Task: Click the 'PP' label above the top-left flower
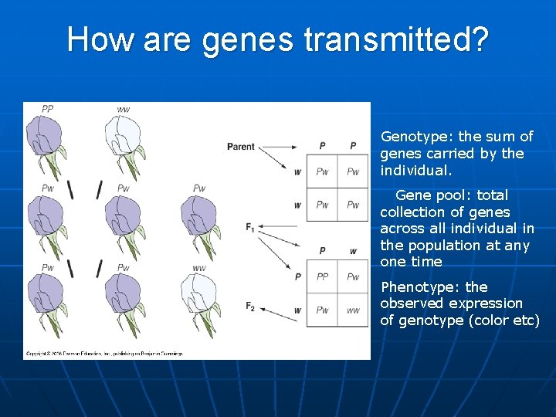pyautogui.click(x=47, y=110)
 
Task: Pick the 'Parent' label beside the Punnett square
pyautogui.click(x=240, y=147)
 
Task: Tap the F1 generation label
pyautogui.click(x=250, y=227)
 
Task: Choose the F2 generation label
pyautogui.click(x=250, y=307)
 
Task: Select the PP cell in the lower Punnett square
pyautogui.click(x=322, y=276)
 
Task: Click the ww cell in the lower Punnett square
pyautogui.click(x=353, y=310)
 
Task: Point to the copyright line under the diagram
pyautogui.click(x=104, y=354)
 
